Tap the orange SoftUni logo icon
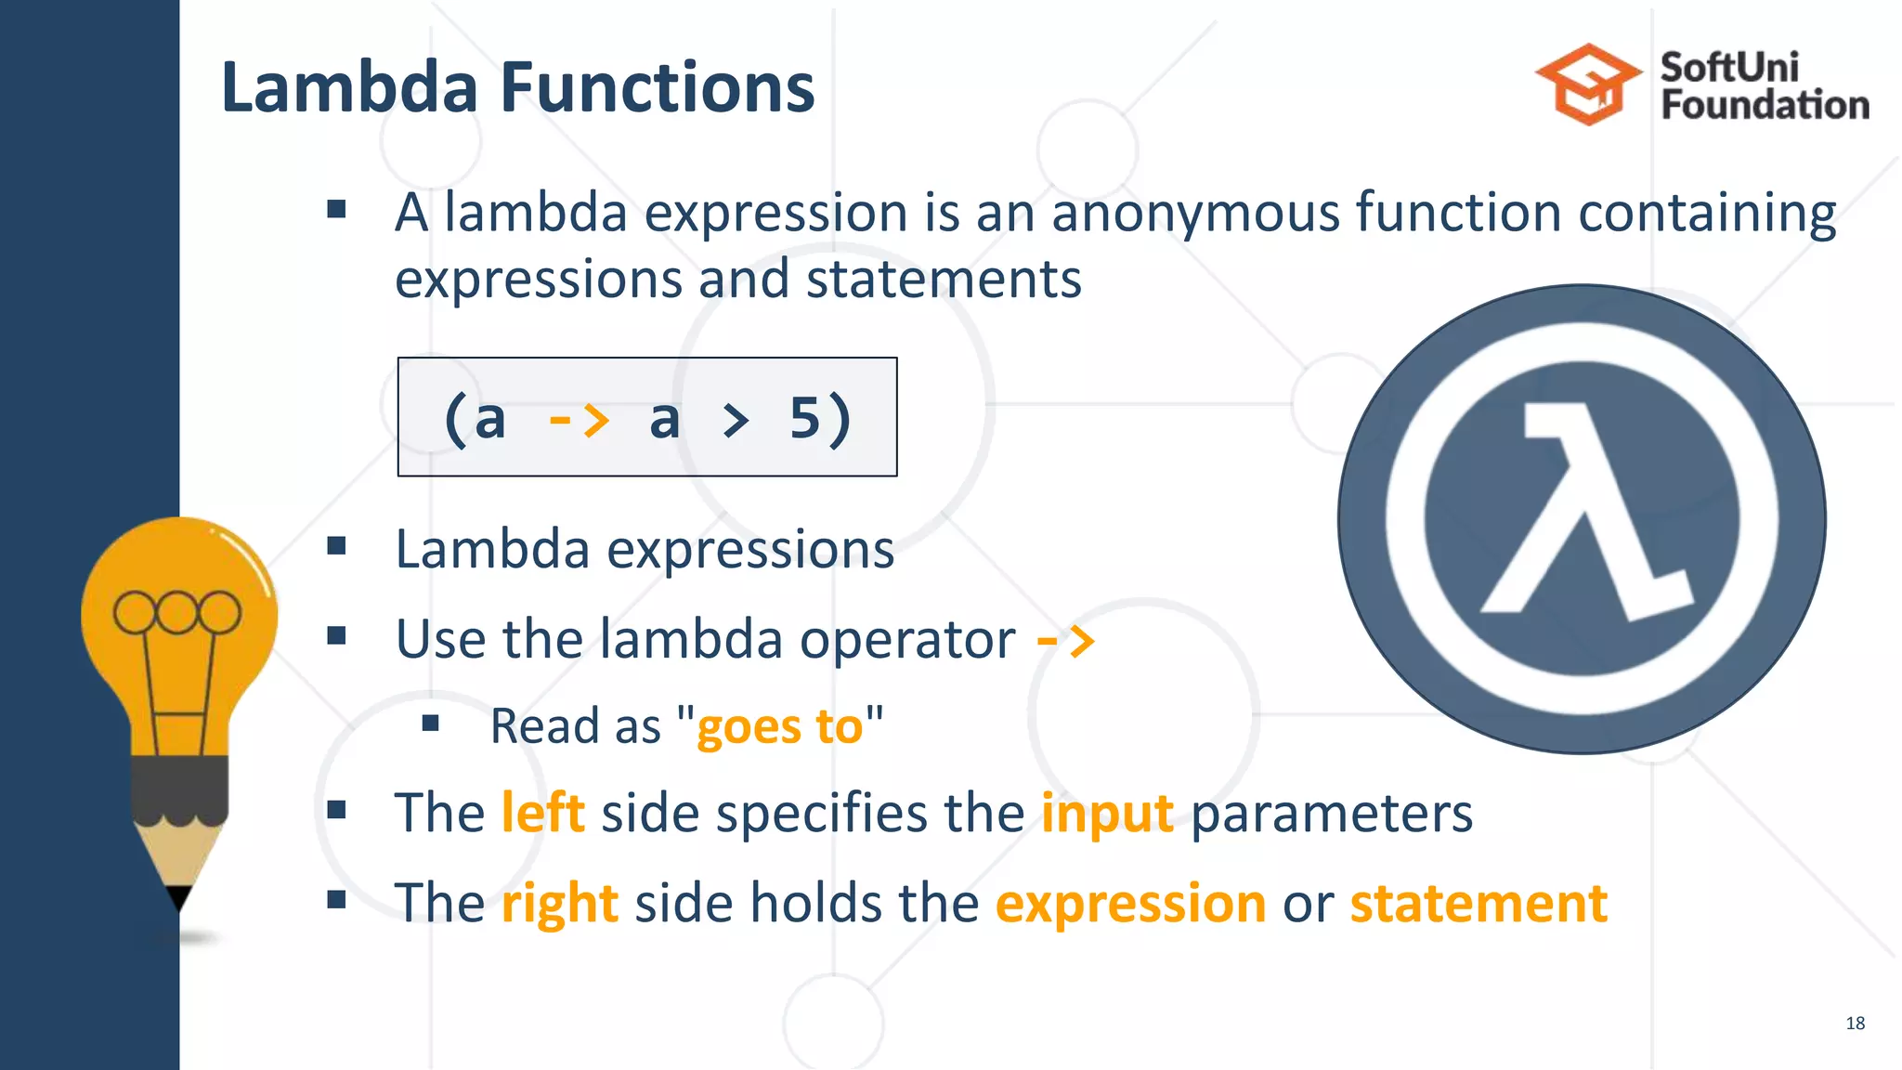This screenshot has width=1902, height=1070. (x=1589, y=85)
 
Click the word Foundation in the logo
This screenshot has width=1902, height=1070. (x=1765, y=105)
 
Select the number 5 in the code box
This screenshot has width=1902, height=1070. (x=804, y=418)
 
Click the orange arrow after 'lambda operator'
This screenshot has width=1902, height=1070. (x=1066, y=641)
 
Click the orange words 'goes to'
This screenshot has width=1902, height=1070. (x=779, y=726)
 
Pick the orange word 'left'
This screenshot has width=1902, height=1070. (x=542, y=813)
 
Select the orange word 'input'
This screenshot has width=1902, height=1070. (x=1107, y=813)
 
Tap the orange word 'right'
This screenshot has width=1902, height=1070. (x=559, y=903)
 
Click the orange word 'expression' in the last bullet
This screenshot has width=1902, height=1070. (x=1130, y=903)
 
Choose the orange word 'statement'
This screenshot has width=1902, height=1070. (x=1478, y=903)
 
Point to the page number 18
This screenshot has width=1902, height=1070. (x=1855, y=1023)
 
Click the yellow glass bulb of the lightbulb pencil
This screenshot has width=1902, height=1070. (x=178, y=622)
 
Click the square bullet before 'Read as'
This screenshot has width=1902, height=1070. (x=430, y=723)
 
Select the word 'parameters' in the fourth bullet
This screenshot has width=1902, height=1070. (x=1331, y=813)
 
